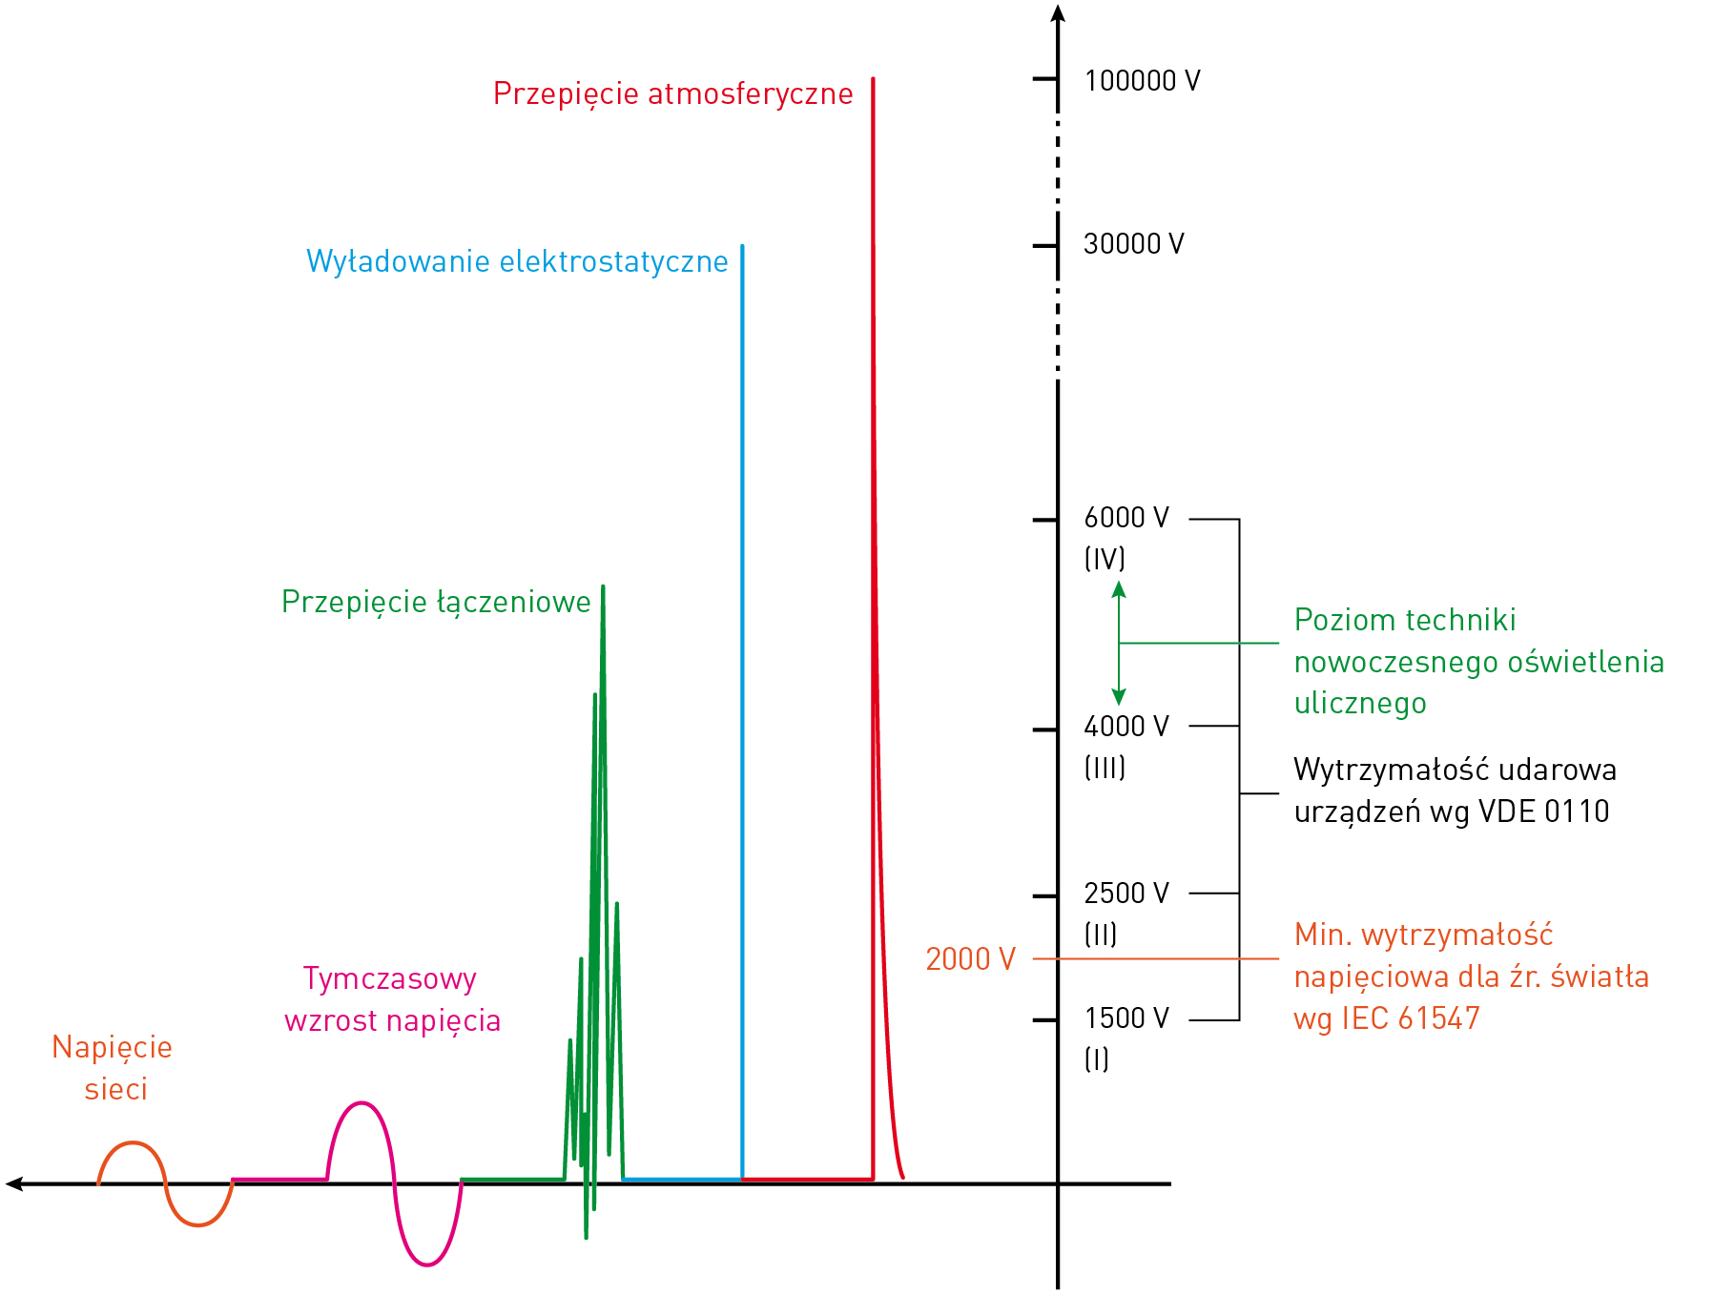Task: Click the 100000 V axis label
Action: [1142, 81]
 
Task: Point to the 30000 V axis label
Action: [1133, 244]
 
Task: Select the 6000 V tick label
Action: [1125, 518]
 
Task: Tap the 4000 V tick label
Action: [1125, 727]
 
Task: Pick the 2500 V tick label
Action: [1125, 894]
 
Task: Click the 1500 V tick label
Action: [1125, 1018]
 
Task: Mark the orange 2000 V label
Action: [970, 959]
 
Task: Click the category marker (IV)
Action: [1105, 559]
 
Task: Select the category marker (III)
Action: [1105, 768]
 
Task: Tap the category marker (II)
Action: [1101, 935]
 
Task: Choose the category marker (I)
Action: [1097, 1059]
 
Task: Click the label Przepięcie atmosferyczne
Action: [672, 94]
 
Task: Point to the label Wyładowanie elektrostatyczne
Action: [517, 261]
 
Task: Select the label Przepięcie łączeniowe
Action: [436, 603]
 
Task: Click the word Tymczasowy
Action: [389, 979]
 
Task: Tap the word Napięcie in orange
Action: [112, 1048]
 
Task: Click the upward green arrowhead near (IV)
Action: [1119, 590]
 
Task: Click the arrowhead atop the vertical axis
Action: [1058, 13]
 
